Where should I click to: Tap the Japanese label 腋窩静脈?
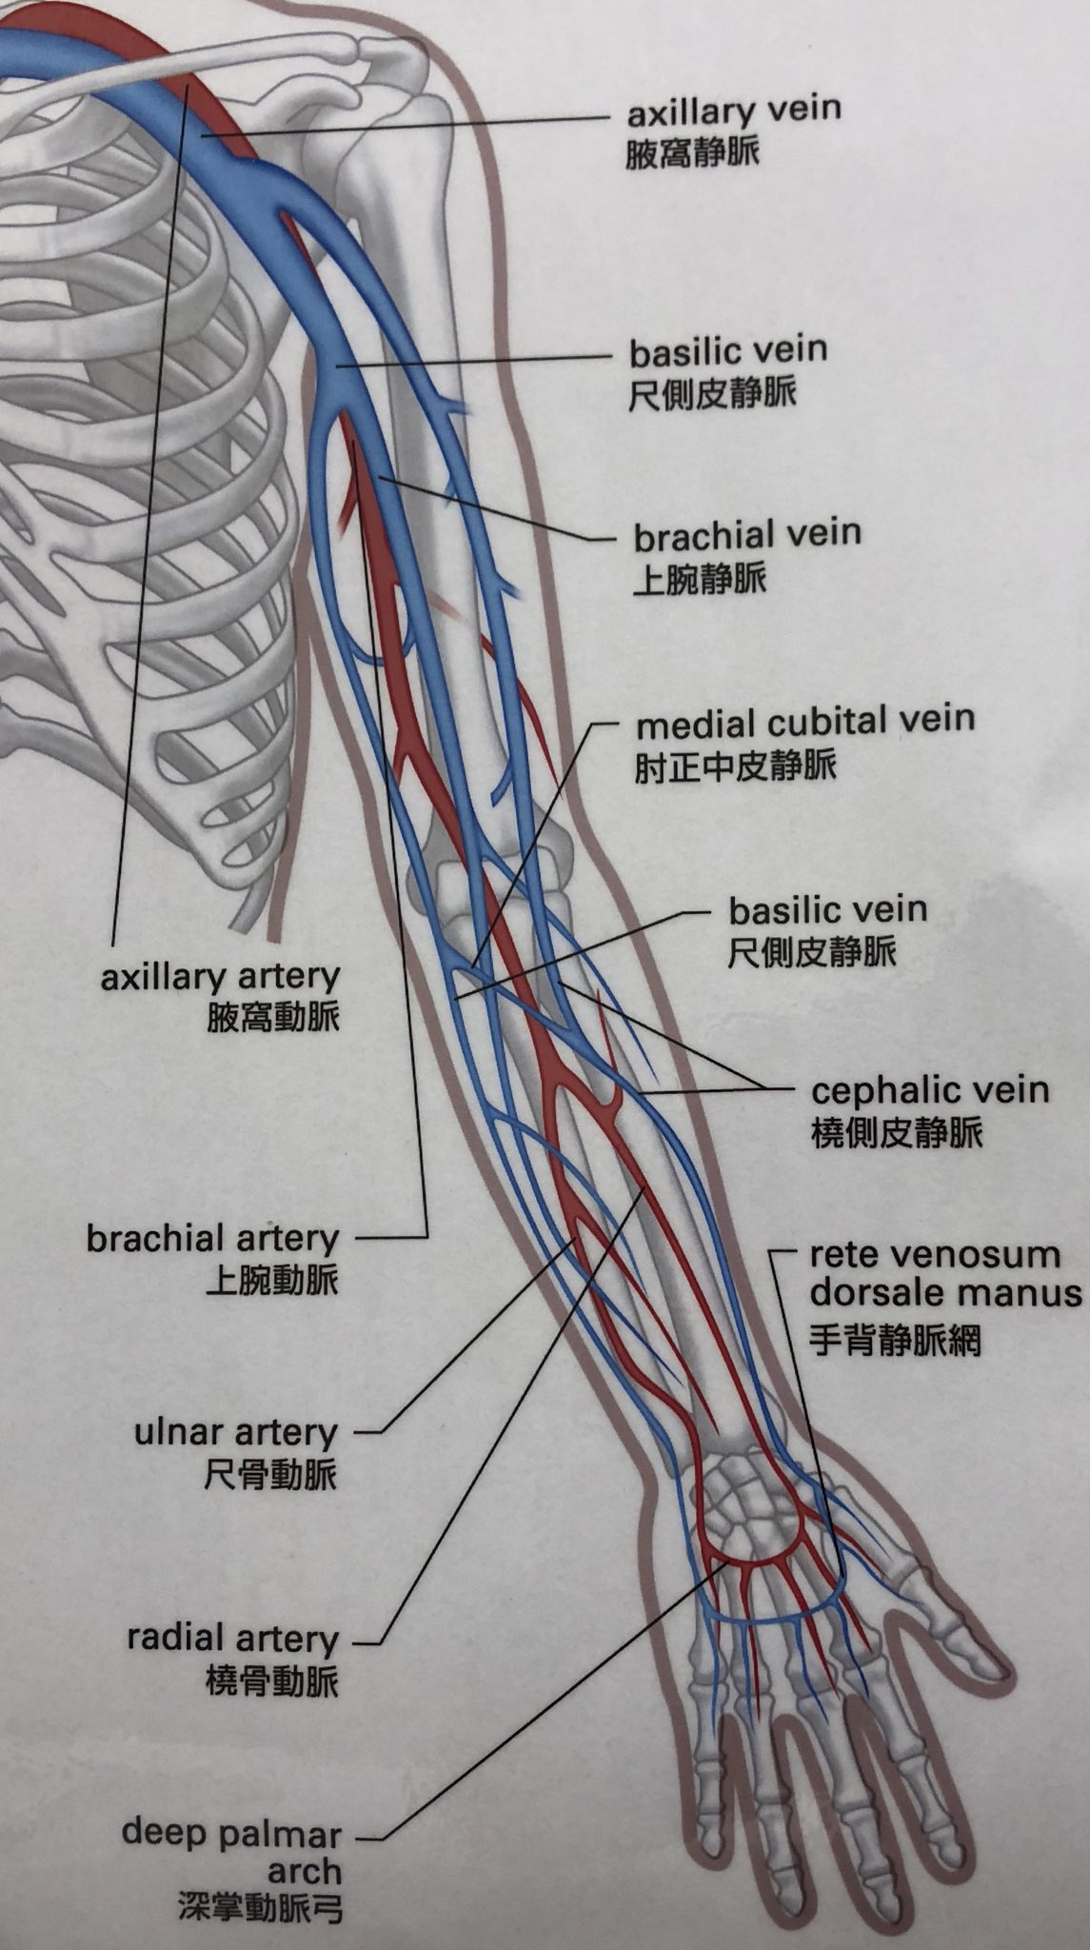(x=692, y=153)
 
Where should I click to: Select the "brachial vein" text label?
(x=747, y=534)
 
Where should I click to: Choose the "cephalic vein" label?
(x=929, y=1089)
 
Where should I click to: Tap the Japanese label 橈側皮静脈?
(x=897, y=1133)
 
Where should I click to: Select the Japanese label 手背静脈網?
(x=894, y=1341)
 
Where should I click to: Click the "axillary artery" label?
(x=220, y=977)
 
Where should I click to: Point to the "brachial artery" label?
(x=212, y=1239)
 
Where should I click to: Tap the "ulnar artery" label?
(x=236, y=1432)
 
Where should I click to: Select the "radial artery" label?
(x=233, y=1639)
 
